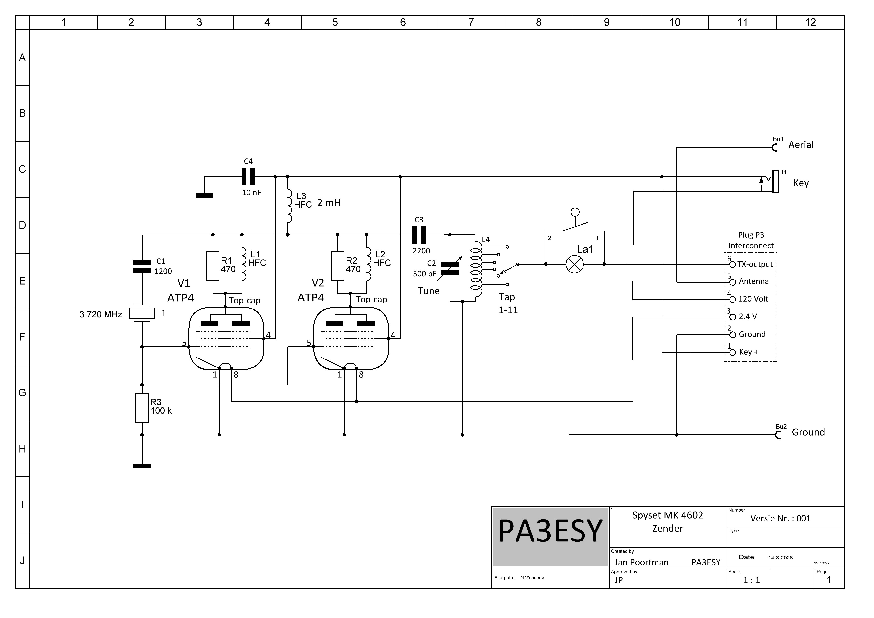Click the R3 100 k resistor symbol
coord(142,408)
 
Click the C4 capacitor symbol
coord(248,177)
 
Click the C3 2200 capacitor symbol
coord(419,235)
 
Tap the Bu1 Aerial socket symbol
coord(775,147)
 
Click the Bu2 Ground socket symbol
coord(778,435)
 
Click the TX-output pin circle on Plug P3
coord(733,265)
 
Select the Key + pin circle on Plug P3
coord(733,353)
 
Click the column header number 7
coord(471,22)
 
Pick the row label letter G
coord(22,393)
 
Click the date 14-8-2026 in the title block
coord(780,558)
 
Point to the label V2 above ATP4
coord(318,283)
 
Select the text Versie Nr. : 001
coord(781,518)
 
